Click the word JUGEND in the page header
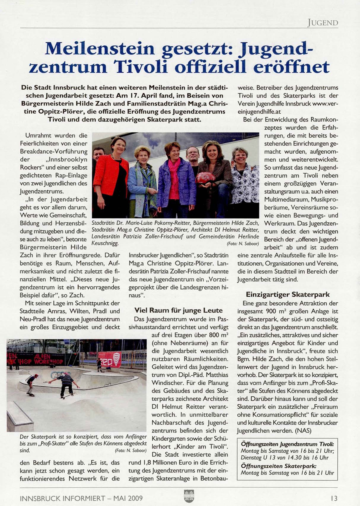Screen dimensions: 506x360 [x=323, y=23]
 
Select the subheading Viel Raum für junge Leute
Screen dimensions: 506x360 [x=178, y=310]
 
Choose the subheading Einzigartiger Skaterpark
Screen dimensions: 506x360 [x=288, y=294]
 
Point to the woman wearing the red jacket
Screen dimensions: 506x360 [x=111, y=175]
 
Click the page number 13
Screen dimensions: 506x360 [x=334, y=498]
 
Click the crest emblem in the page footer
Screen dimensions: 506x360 [x=189, y=496]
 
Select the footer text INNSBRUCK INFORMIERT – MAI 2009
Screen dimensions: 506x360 [x=81, y=498]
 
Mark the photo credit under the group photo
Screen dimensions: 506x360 [x=243, y=244]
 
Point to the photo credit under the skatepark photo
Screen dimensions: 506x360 [x=130, y=451]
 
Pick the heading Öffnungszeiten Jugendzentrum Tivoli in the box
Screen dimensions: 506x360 [x=287, y=444]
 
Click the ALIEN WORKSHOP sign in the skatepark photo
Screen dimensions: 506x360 [x=36, y=359]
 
